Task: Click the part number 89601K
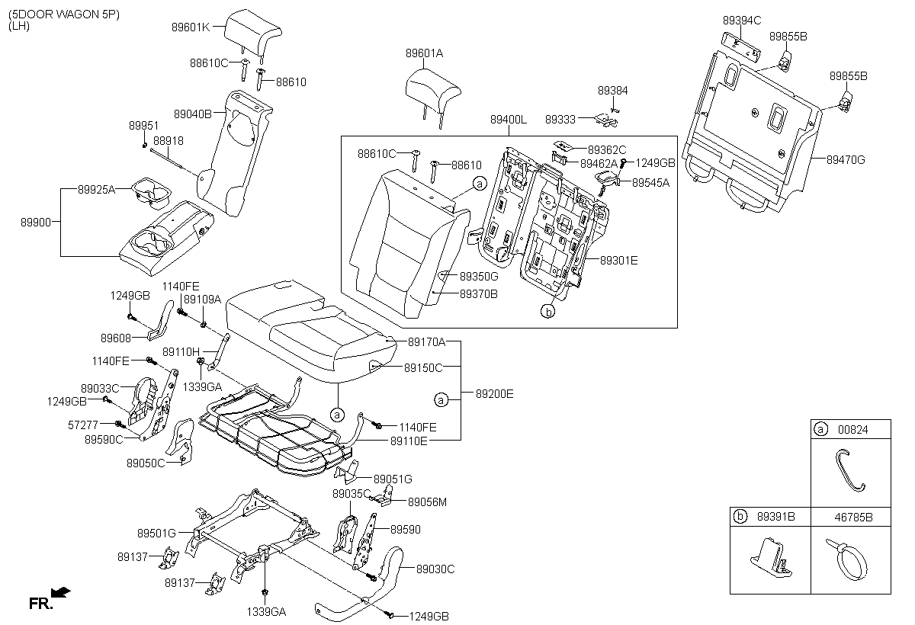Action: (x=190, y=27)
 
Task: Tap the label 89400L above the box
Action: (x=509, y=120)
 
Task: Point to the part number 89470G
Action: (x=846, y=159)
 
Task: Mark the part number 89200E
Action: (x=495, y=394)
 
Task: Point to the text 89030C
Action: (x=435, y=569)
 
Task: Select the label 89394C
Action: (x=742, y=20)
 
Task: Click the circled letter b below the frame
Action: (x=547, y=310)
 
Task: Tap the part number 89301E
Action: (x=618, y=261)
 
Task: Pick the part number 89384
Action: (x=612, y=90)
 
